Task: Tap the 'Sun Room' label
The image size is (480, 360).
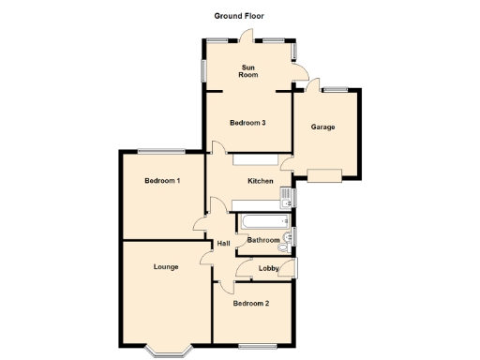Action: click(248, 71)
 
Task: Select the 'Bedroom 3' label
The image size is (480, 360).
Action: click(248, 123)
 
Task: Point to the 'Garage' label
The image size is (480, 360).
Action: click(322, 127)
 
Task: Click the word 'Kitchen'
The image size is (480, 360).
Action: click(260, 181)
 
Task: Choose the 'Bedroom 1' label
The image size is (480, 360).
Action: click(162, 181)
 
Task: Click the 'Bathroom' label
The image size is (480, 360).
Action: click(262, 240)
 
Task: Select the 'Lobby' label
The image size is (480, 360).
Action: click(269, 269)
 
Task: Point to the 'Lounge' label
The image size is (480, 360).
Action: click(167, 267)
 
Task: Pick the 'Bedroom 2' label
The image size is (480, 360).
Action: click(251, 303)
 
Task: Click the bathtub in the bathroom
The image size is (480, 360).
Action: click(262, 223)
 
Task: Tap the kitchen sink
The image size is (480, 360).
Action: click(287, 197)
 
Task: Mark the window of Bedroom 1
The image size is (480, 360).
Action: click(160, 150)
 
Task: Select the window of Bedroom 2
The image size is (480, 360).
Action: click(252, 346)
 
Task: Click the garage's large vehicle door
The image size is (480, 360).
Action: click(324, 174)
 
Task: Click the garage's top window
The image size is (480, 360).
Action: click(335, 89)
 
